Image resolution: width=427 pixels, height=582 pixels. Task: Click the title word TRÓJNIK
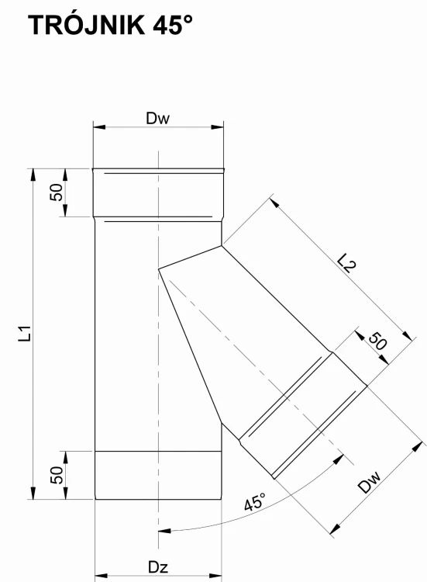click(x=86, y=25)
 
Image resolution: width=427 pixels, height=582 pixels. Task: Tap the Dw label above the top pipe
click(x=157, y=119)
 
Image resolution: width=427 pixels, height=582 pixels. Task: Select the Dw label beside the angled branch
click(x=370, y=482)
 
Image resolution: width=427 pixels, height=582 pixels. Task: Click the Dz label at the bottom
click(x=158, y=567)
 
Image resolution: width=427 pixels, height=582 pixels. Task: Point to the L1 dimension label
click(x=25, y=334)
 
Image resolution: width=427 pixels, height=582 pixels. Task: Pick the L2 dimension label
click(x=347, y=263)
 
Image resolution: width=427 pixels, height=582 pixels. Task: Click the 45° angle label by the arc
click(x=255, y=502)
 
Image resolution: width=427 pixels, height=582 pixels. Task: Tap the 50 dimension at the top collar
click(x=56, y=192)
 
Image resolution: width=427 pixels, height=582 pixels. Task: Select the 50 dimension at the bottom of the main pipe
click(x=57, y=475)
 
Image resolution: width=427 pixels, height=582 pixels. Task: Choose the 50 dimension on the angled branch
click(x=377, y=341)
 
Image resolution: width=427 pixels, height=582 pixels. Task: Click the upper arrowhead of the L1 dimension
click(x=33, y=175)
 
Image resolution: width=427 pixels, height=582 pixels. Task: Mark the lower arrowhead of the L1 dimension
click(x=33, y=493)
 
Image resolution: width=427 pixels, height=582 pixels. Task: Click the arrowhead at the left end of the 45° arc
click(x=164, y=531)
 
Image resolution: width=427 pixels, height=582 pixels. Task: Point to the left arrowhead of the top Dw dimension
click(x=99, y=127)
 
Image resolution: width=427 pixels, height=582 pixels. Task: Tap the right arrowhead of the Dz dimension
click(x=215, y=576)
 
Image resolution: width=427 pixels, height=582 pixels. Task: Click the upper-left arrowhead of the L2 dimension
click(x=274, y=203)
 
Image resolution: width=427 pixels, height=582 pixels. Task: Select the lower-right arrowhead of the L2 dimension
click(x=407, y=335)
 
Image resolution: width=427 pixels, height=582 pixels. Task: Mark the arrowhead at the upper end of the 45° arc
click(x=339, y=459)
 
